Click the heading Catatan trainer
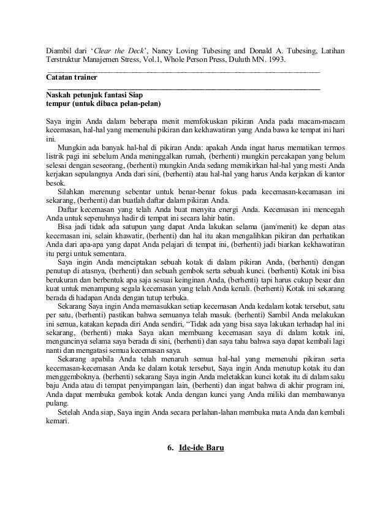72,78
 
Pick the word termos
331,147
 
